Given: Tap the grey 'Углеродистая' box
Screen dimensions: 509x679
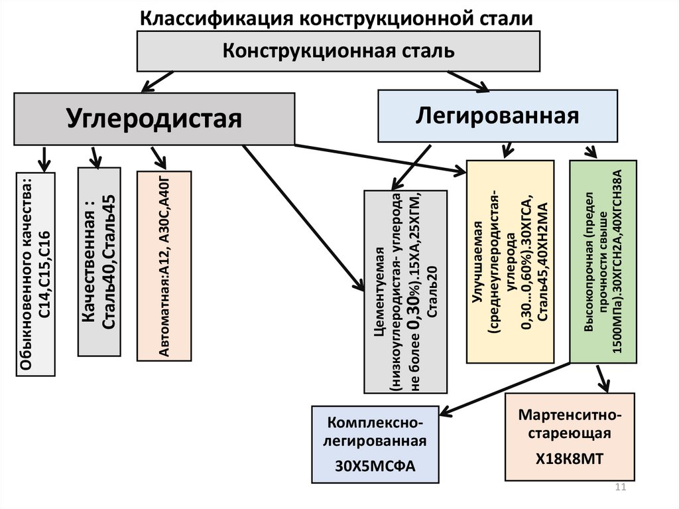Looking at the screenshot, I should pos(154,119).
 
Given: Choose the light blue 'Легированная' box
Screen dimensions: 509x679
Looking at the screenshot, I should pos(497,115).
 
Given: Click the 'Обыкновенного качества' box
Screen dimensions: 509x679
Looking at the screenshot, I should pos(35,274).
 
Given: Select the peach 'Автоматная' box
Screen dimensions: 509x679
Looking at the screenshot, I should pos(163,265).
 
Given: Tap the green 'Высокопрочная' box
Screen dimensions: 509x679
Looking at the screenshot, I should pos(603,261).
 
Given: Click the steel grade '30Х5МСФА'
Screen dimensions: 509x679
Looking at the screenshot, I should pos(375,465).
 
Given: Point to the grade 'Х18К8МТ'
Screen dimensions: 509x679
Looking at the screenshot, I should pos(570,459).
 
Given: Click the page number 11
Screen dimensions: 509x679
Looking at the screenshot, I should pos(621,488).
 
